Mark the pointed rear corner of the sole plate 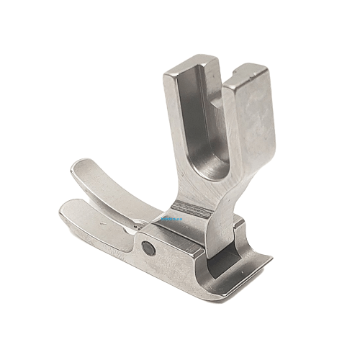[271, 254]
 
